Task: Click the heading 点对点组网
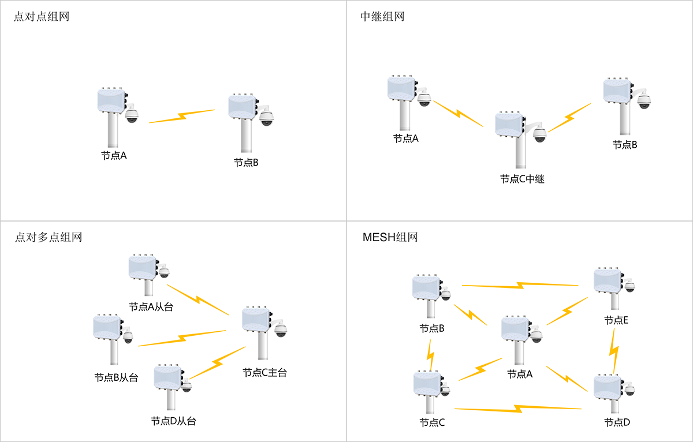coord(42,16)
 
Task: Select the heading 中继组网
coord(382,16)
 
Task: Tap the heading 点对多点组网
coord(48,237)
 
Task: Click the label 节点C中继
coord(522,179)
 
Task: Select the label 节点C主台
coord(264,373)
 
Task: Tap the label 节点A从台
coord(151,307)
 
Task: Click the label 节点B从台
coord(116,378)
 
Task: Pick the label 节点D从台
coord(173,421)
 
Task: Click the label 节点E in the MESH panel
coord(616,320)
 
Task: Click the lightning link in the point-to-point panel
coord(182,116)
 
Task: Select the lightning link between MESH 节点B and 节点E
coord(520,284)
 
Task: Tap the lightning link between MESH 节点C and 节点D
coord(517,409)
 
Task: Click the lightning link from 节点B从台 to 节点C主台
coord(182,338)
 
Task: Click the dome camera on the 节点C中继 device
coord(539,134)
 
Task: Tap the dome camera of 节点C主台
coord(281,330)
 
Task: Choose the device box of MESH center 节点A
coord(516,328)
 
